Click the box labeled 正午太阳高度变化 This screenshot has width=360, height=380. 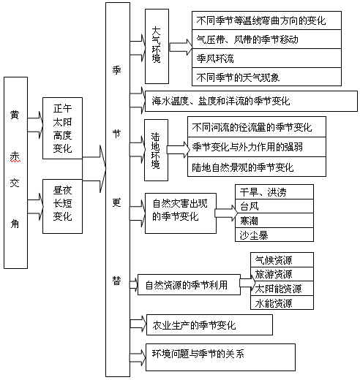tap(62, 129)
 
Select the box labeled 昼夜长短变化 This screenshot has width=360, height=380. tap(62, 206)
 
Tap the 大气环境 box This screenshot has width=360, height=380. tap(157, 46)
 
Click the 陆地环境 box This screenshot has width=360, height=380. tap(156, 150)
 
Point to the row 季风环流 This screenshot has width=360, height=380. tap(266, 58)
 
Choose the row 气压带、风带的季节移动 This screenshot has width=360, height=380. tap(266, 39)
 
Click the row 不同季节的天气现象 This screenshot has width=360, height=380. tap(266, 77)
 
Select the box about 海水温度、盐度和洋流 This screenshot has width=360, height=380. tap(251, 101)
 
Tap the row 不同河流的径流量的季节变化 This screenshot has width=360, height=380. tap(257, 126)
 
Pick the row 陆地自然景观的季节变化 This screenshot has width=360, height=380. tap(257, 167)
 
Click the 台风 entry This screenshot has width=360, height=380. tap(274, 206)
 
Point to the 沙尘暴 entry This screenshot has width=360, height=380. tap(274, 235)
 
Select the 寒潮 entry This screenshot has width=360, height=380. tap(274, 221)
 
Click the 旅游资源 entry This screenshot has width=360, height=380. tap(282, 274)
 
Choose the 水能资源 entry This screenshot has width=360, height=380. tap(282, 303)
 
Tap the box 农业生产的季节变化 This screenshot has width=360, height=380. tap(209, 324)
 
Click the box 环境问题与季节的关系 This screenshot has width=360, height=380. tap(220, 357)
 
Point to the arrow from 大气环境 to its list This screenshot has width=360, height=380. tap(181, 47)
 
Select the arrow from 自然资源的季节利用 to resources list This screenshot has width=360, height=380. tap(247, 283)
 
